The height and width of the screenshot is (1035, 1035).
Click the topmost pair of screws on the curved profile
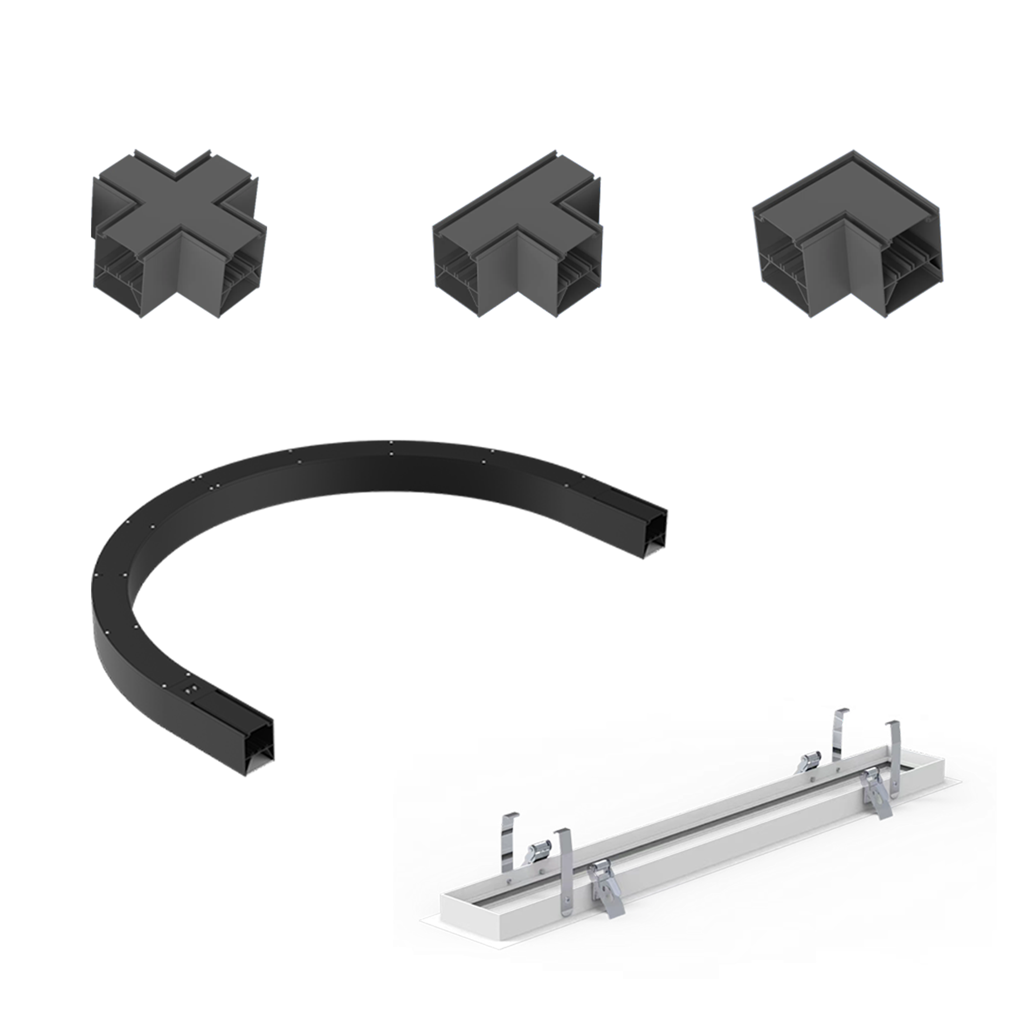pyautogui.click(x=391, y=449)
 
